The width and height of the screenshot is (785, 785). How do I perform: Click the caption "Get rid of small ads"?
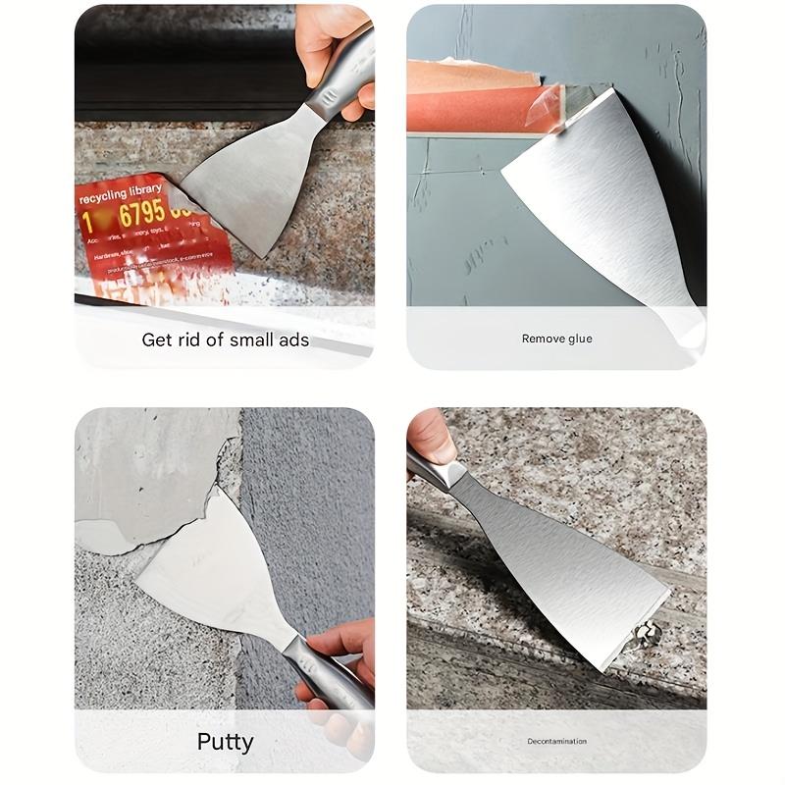tap(225, 340)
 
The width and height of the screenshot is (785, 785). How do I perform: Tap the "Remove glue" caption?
tap(556, 339)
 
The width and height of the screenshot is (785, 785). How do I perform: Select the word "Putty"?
tap(225, 741)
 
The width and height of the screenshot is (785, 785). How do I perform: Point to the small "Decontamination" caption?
tap(556, 741)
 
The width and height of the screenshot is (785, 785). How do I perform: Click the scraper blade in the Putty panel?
tap(211, 574)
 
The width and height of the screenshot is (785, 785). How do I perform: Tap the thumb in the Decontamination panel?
tap(430, 437)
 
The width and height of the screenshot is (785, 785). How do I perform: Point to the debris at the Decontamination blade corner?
tap(645, 636)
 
